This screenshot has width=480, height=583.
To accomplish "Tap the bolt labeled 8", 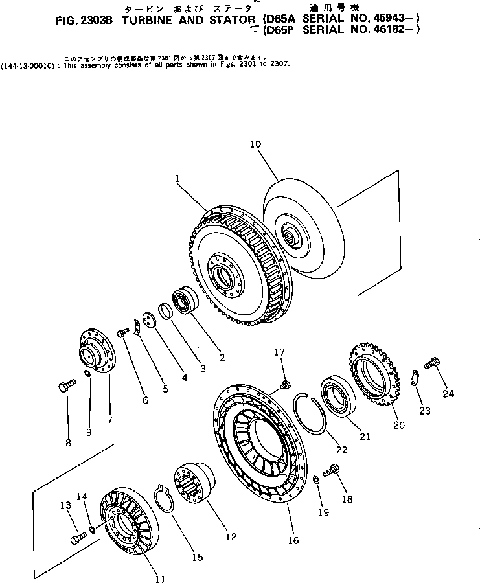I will point(63,387).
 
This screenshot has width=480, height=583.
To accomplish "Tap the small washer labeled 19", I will point(314,479).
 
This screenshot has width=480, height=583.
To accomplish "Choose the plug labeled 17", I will point(283,386).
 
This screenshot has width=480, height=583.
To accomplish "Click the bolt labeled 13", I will point(77,537).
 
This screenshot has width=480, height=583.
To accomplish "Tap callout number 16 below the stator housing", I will point(293,540).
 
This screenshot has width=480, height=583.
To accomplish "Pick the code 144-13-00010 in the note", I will point(27,65).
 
